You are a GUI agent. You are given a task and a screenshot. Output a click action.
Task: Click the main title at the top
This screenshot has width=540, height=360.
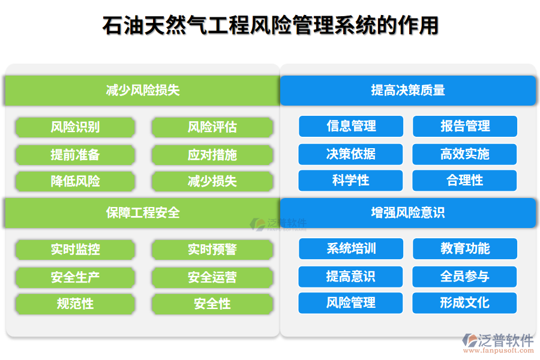pos(270,26)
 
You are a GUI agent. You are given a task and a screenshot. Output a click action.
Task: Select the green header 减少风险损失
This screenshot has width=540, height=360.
pos(143,91)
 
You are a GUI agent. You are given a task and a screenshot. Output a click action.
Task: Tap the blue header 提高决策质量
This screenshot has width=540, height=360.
pos(408,91)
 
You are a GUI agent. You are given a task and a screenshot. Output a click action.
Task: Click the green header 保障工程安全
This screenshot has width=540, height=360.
pos(143,213)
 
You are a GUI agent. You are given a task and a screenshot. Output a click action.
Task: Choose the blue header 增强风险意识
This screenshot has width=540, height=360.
pos(408,213)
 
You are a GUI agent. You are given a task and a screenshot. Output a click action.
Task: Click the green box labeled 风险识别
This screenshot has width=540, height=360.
pos(75,127)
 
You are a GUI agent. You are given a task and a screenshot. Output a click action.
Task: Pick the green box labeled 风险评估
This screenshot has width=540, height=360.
pos(212,127)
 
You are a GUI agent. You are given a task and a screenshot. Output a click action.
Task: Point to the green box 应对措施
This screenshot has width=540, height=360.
pos(212,155)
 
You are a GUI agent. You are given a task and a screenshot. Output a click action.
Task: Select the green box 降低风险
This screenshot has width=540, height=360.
pos(75,181)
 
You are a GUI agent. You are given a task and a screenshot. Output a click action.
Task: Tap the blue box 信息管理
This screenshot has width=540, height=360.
pos(351,126)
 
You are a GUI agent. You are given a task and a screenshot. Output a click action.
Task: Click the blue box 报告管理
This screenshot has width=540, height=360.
pos(465,126)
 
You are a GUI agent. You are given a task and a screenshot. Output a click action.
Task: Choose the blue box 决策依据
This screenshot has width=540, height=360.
pos(351,154)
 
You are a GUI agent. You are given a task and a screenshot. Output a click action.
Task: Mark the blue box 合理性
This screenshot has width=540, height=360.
pos(465,181)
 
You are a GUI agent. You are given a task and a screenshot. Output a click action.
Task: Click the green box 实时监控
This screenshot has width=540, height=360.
pos(75,250)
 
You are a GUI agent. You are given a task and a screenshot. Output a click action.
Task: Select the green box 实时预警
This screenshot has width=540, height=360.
pos(212,250)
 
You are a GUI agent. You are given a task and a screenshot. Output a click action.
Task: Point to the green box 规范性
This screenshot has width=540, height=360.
pos(75,304)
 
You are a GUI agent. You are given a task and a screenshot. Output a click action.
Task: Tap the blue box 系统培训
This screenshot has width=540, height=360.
pos(351,248)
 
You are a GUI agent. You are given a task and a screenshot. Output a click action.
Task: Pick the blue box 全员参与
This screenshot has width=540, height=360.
pos(465,276)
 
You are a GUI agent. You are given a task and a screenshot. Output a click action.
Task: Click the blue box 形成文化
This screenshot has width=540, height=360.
pos(465,303)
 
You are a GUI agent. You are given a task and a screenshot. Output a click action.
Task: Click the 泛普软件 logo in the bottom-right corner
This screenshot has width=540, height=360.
pos(497,343)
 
